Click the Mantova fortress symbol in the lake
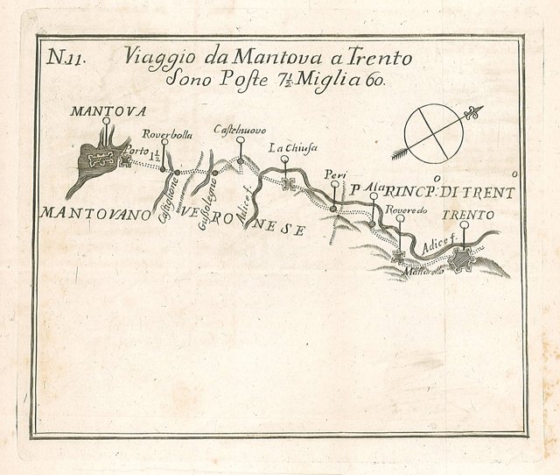[102, 159]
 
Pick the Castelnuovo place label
[240, 131]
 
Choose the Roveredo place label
[402, 209]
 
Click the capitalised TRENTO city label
[467, 215]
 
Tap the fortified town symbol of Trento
[462, 259]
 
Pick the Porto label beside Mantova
[137, 152]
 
